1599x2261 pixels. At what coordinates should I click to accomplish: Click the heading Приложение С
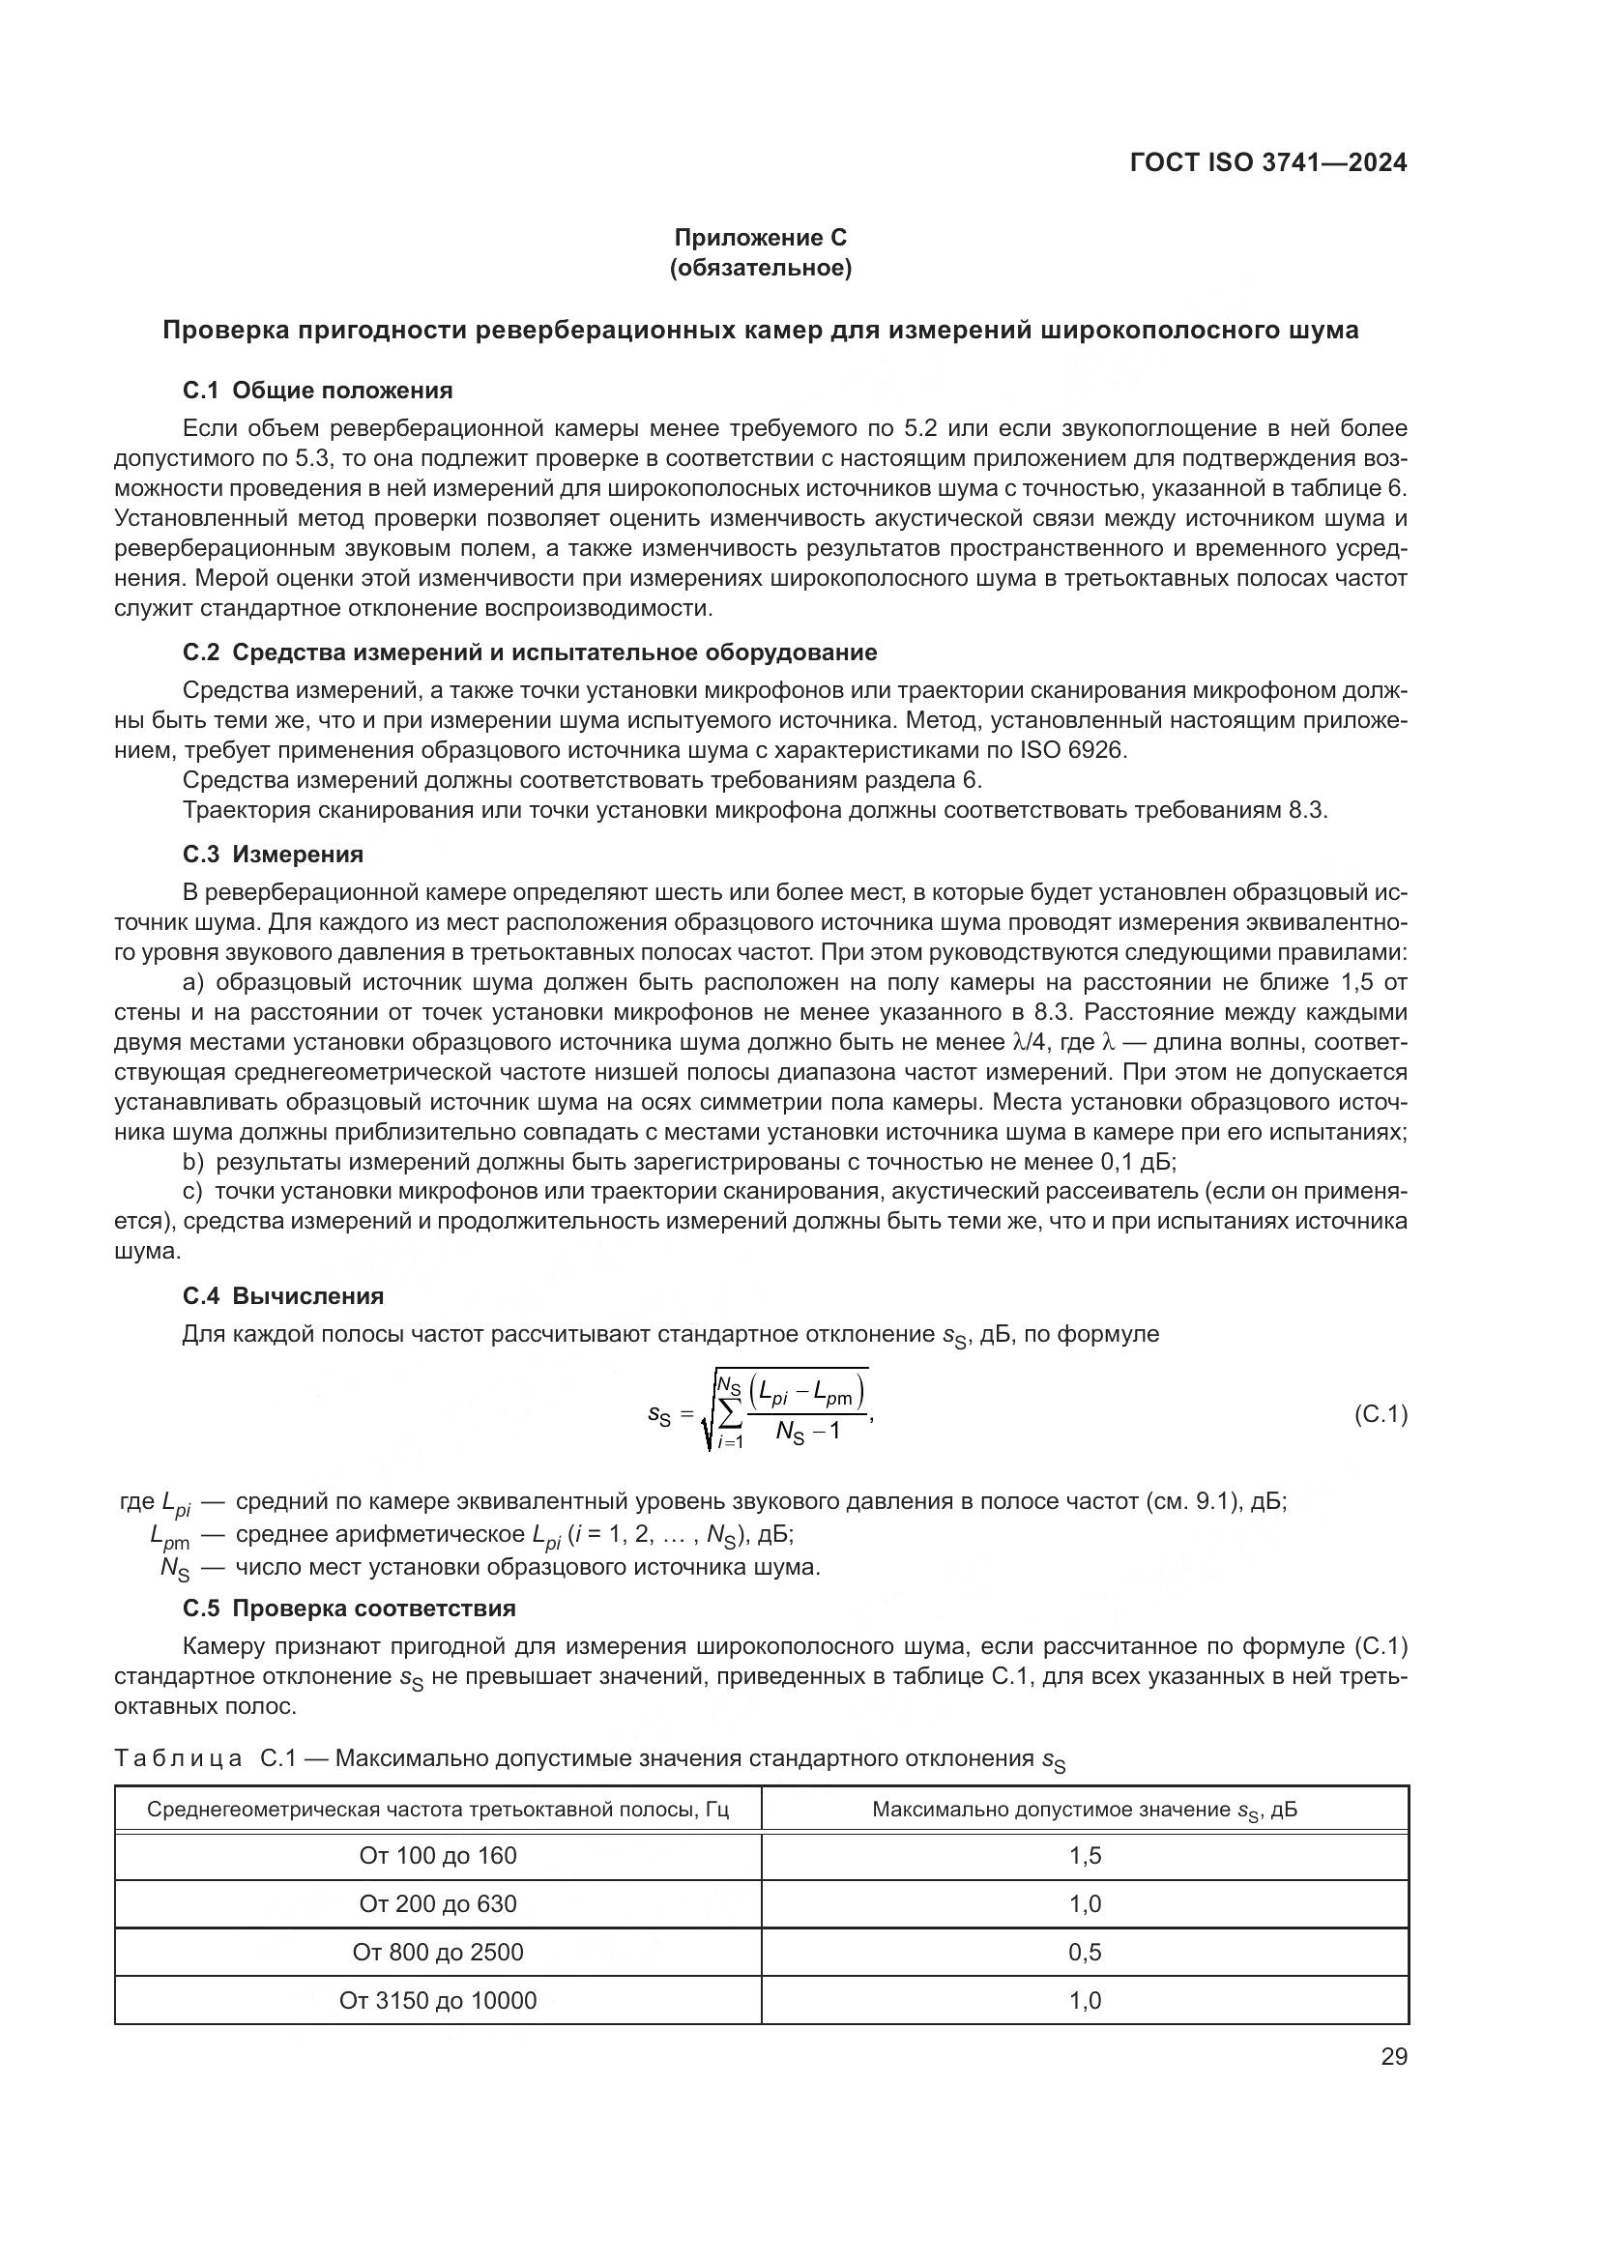(x=760, y=238)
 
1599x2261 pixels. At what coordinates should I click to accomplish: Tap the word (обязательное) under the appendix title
(x=760, y=268)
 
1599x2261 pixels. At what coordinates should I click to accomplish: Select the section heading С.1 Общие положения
(x=317, y=391)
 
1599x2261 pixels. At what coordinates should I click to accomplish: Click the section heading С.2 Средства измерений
(x=529, y=652)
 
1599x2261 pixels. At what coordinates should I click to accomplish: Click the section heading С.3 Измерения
(x=273, y=854)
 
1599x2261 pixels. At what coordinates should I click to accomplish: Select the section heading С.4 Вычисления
(x=282, y=1296)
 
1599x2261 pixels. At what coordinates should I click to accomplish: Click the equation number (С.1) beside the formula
(x=1381, y=1415)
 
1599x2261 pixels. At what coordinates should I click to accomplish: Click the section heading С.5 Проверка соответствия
(x=349, y=1609)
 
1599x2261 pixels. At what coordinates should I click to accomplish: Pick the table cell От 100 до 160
(x=437, y=1856)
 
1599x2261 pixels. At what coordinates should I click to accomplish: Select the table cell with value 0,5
(x=1084, y=1953)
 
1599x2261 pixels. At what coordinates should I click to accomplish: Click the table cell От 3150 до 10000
(x=437, y=2001)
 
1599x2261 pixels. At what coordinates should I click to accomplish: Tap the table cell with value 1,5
(x=1084, y=1856)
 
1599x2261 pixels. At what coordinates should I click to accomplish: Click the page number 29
(x=1393, y=2057)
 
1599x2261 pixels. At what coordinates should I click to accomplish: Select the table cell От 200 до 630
(x=437, y=1904)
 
